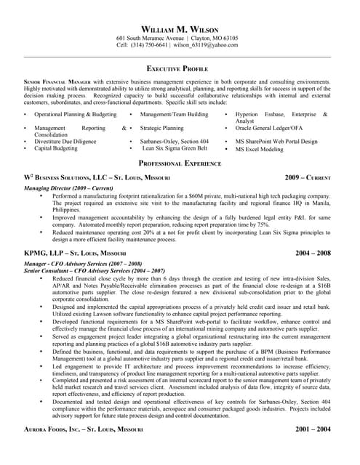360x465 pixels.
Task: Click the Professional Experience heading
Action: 180,163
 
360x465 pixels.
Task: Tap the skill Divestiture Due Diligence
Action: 65,142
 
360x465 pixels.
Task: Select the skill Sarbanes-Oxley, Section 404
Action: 175,142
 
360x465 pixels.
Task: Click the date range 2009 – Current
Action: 308,177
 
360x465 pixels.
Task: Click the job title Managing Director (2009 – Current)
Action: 68,188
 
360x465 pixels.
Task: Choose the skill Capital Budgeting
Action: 56,148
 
